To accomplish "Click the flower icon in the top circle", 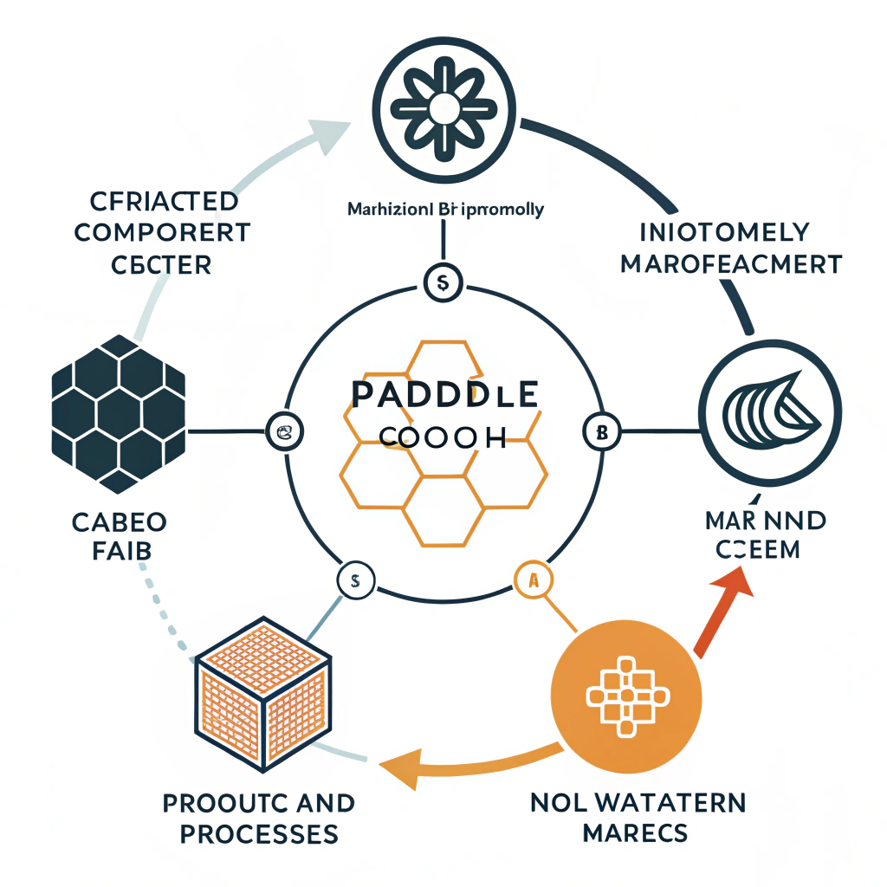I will point(443,107).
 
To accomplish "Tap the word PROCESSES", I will point(259,833).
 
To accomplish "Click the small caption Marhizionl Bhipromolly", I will point(444,209).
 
